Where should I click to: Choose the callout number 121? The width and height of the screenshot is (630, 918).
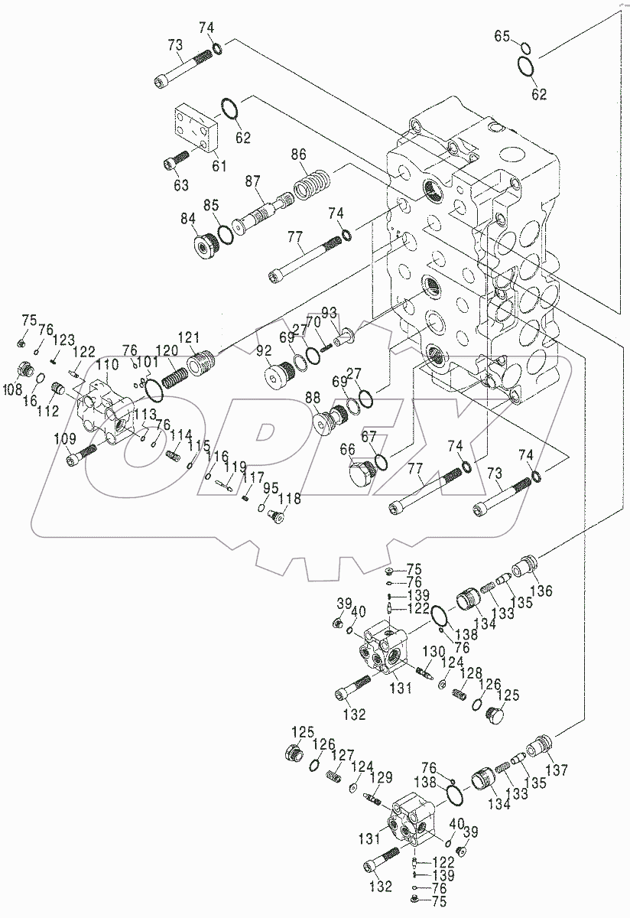tap(188, 337)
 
